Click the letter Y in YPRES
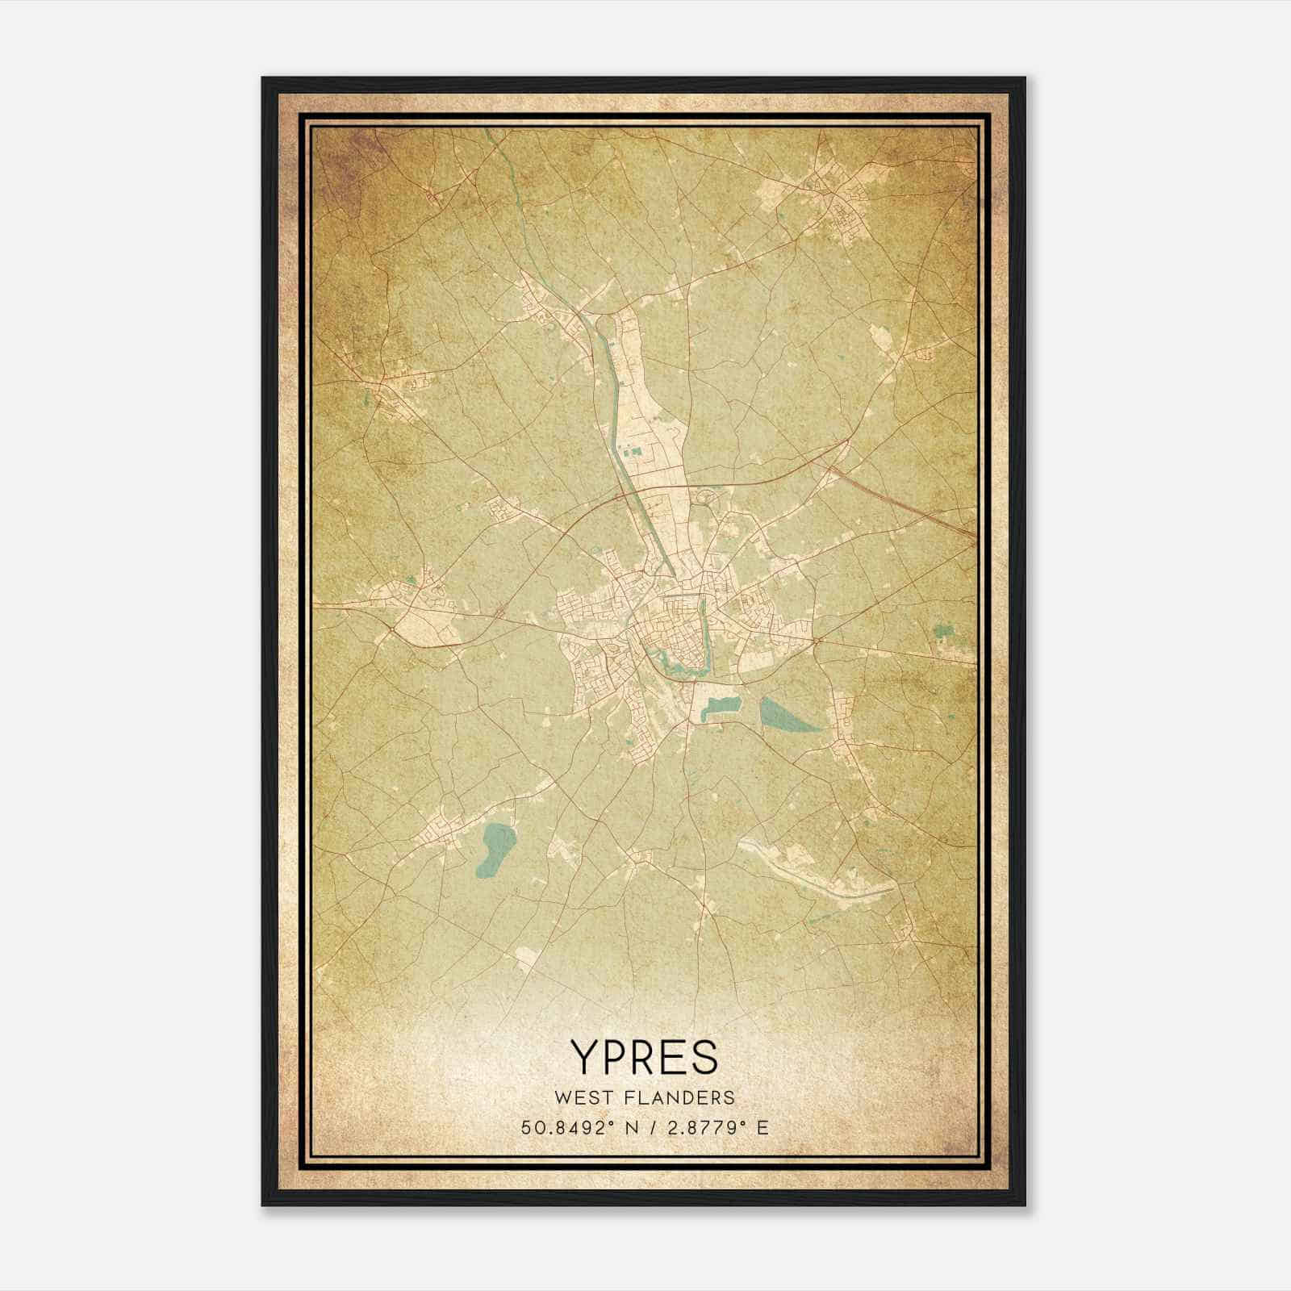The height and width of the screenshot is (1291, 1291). point(586,1057)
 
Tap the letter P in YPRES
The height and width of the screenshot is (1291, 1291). point(617,1057)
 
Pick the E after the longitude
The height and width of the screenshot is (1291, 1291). point(762,1127)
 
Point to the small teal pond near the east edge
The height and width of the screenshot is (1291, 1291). point(942,633)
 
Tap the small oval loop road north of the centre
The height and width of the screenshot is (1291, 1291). point(706,498)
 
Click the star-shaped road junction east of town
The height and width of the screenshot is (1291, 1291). point(816,641)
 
